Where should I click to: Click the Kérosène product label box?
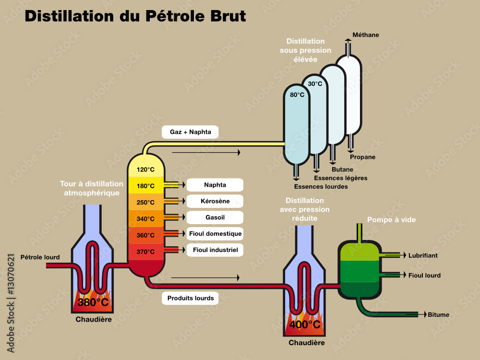pos(215,201)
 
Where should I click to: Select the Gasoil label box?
pos(215,217)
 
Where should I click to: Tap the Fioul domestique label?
pos(215,234)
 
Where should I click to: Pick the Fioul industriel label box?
pos(215,250)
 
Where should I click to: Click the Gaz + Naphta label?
pos(190,132)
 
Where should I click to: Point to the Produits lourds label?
pos(190,298)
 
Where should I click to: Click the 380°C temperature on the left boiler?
pos(93,302)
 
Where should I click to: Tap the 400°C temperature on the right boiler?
pos(305,324)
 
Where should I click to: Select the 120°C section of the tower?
pos(145,169)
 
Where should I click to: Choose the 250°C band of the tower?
pos(145,202)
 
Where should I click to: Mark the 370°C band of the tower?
pos(145,252)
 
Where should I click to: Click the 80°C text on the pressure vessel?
pos(297,95)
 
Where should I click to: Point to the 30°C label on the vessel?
pos(315,84)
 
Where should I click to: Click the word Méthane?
pos(365,35)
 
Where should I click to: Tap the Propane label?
pos(362,157)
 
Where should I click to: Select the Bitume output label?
pos(438,315)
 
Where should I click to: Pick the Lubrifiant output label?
pos(423,256)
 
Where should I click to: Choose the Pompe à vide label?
pos(391,220)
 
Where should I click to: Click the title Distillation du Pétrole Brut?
pos(135,16)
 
